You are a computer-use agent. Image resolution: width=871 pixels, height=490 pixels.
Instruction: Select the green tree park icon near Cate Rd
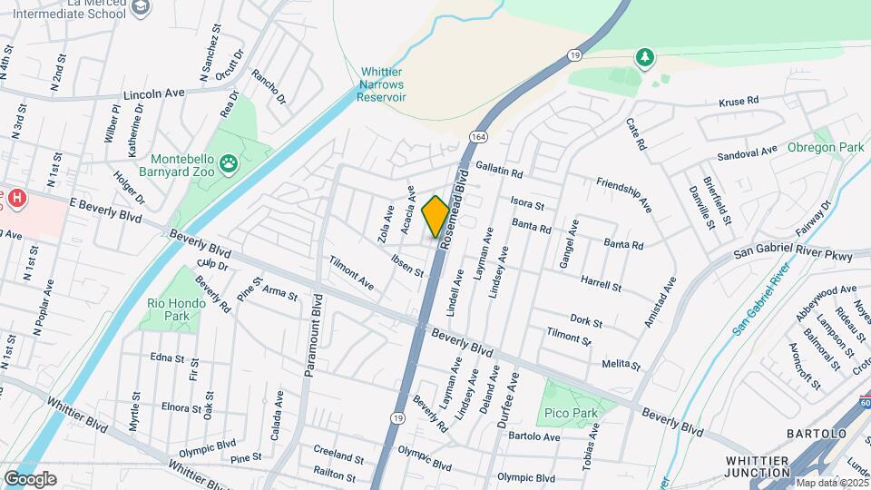pos(645,58)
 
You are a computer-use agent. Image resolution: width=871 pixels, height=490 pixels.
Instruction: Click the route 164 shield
pos(477,136)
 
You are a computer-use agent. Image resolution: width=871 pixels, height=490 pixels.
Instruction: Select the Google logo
pos(30,478)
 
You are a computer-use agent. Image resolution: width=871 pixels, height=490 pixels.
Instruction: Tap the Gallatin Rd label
pos(499,171)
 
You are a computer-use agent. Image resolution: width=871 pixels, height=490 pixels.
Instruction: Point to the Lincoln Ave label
pos(154,93)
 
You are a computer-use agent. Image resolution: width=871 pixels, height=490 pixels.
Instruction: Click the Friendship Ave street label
pos(623,195)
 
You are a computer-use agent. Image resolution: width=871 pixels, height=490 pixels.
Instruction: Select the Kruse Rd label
pos(738,103)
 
